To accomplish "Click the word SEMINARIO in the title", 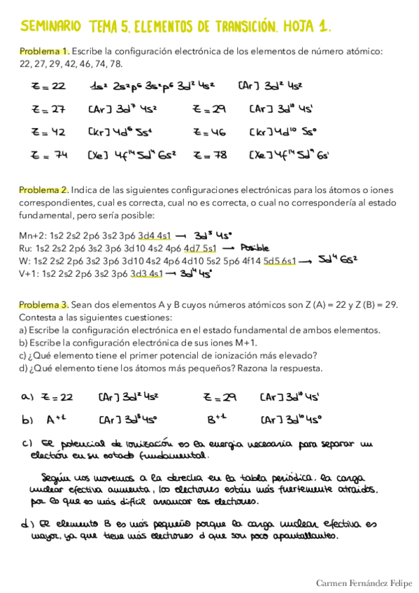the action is click(51, 27).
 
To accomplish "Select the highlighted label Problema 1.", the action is click(44, 52).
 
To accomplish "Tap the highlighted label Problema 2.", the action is click(44, 190).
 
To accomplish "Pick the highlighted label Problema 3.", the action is click(44, 305).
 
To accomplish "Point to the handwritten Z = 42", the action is click(49, 132).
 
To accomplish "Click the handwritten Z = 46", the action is click(210, 132).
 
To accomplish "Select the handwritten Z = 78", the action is click(210, 155).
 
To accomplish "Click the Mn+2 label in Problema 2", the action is click(31, 235).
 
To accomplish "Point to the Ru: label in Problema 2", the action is click(27, 248).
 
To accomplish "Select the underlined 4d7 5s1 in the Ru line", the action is click(200, 248).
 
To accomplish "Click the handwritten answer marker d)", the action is click(27, 523).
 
